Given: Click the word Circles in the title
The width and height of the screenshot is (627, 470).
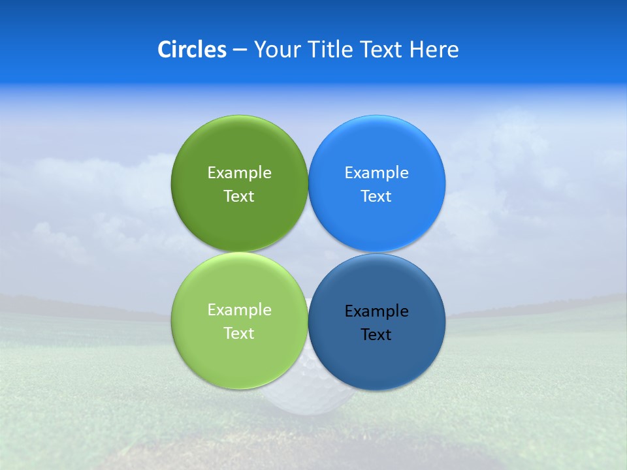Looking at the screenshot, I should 191,50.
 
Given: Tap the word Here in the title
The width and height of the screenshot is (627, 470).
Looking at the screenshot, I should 434,50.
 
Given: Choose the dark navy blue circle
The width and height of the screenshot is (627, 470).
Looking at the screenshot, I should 377,359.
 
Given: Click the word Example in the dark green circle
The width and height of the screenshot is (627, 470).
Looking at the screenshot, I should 239,173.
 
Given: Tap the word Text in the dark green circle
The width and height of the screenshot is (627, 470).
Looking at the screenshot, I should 239,196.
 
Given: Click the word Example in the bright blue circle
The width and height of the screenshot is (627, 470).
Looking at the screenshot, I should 377,173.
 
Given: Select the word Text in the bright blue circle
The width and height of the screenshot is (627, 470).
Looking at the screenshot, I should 377,196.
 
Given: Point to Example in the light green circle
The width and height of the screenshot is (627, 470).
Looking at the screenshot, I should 239,310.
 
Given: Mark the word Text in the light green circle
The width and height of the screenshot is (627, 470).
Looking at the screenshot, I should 239,334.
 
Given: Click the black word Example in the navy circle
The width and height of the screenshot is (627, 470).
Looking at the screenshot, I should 377,311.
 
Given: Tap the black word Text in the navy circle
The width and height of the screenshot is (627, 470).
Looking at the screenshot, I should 377,335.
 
